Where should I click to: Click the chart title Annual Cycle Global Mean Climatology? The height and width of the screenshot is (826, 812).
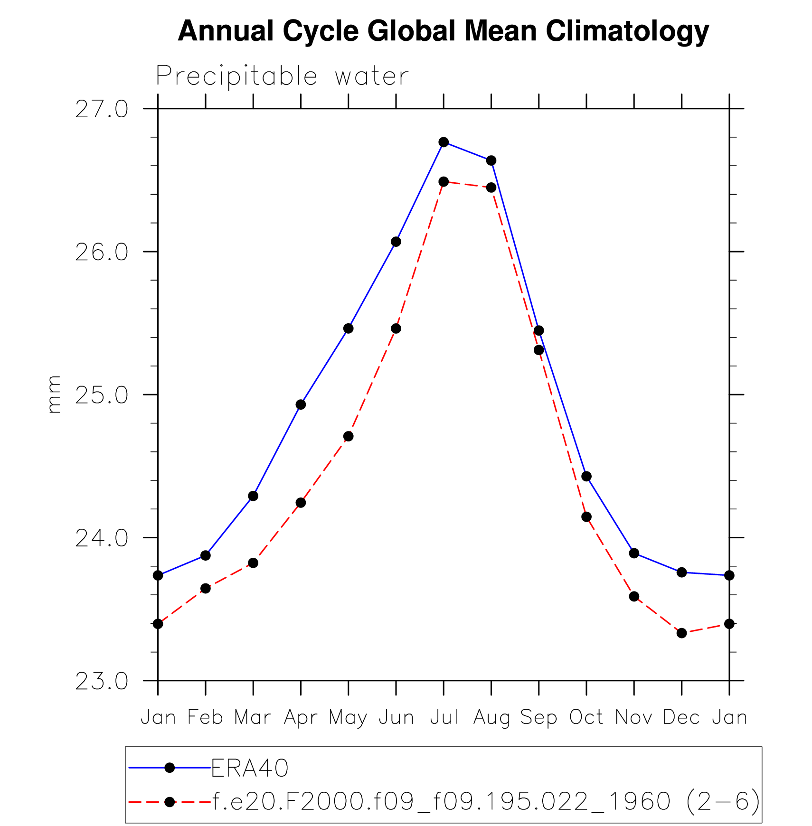coord(443,31)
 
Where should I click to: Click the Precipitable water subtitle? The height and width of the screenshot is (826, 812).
coord(282,76)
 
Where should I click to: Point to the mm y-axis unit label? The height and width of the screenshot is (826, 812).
coord(54,394)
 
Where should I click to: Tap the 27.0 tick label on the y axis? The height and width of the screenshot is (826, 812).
coord(102,109)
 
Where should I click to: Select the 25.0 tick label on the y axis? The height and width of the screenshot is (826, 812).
coord(102,395)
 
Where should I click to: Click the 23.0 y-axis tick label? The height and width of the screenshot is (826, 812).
coord(102,681)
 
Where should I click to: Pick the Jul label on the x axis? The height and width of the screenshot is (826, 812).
coord(444,717)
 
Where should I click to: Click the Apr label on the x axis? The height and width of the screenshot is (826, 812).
coord(301,718)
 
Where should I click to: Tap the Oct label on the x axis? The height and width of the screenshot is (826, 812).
coord(586,717)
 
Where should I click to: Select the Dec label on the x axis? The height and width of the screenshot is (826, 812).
coord(681,717)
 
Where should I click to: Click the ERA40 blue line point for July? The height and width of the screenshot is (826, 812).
coord(444,142)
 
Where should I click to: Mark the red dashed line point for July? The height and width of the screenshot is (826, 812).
coord(444,181)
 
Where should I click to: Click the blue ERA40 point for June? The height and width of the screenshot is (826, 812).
coord(396,242)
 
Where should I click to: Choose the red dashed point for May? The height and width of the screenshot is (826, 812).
coord(349,436)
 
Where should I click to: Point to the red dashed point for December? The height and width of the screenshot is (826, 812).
coord(681,633)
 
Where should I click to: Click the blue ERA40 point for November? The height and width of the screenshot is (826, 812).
coord(634,553)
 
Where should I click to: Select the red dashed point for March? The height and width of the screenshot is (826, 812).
coord(253,563)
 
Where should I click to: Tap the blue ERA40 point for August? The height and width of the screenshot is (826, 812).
coord(491,160)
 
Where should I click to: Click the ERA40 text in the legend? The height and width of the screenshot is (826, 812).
coord(250,768)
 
